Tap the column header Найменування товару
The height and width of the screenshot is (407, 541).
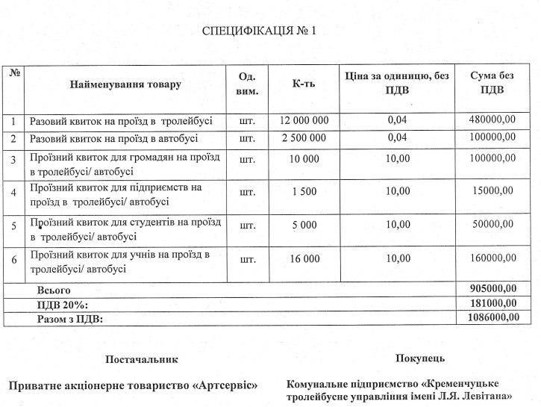(x=125, y=84)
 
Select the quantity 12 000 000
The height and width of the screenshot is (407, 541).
(x=304, y=120)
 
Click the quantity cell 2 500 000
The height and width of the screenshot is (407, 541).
(x=304, y=138)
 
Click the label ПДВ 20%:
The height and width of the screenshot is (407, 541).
(x=63, y=304)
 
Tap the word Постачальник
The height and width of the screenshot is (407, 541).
(x=142, y=359)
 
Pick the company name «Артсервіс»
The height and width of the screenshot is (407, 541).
(x=225, y=385)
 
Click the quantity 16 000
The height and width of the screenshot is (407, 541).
(x=304, y=258)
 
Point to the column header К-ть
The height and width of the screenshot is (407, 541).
(x=304, y=84)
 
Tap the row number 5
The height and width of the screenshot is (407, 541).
(x=13, y=225)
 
